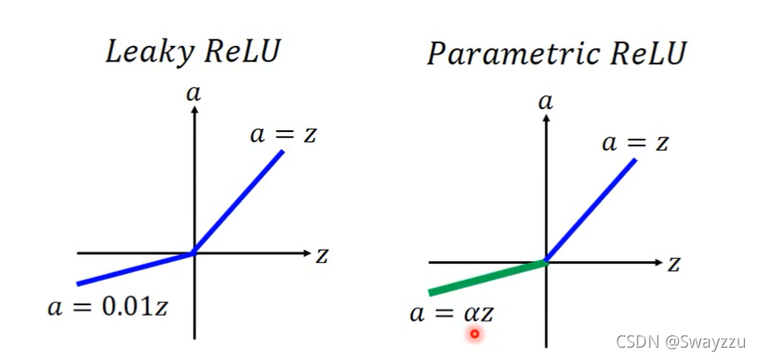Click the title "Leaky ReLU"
coord(192,51)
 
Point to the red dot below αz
coord(475,334)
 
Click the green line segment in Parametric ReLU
coord(486,277)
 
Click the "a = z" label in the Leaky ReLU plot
coord(284,135)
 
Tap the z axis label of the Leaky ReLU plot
coord(321,255)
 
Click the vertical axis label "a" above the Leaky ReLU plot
coord(194,92)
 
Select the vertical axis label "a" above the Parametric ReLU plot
coord(546,101)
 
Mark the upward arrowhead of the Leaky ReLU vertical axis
coord(194,108)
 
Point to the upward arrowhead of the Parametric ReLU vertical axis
coord(546,118)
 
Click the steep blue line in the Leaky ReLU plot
coord(239,202)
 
